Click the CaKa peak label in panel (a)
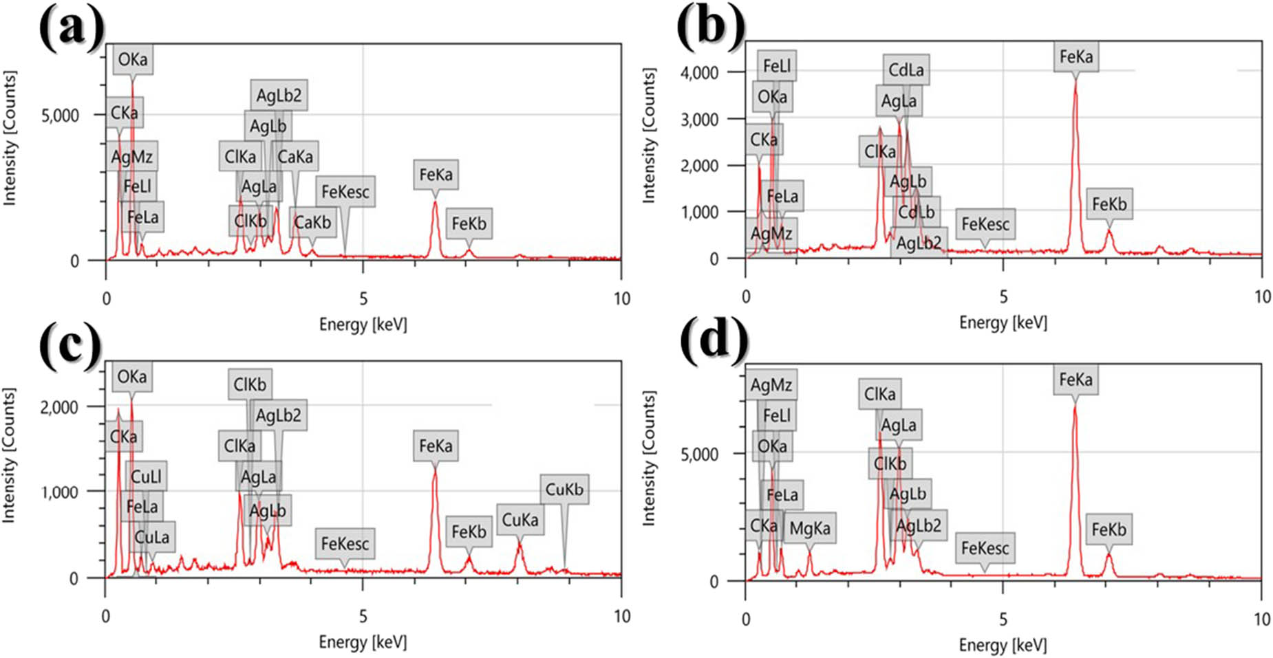coord(295,157)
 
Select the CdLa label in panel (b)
coord(906,69)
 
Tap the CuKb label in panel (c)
coord(564,489)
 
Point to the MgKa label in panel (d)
coord(809,528)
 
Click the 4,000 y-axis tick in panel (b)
coord(699,72)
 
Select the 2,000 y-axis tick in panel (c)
coord(59,406)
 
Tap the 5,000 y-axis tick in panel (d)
coord(699,454)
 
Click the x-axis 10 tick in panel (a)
coord(621,298)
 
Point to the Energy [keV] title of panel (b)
coord(1003,322)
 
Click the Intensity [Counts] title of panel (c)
coord(9,455)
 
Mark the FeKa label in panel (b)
coord(1076,56)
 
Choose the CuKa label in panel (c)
coord(520,520)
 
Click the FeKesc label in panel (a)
coord(345,192)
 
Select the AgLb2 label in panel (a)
coord(279,95)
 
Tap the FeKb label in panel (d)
coord(1109,529)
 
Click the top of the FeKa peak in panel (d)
coord(1075,406)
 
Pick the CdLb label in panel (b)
coord(917,211)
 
